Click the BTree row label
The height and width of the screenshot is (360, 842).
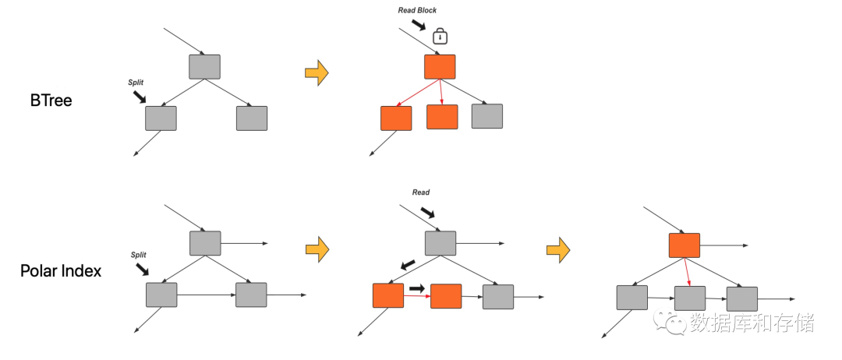point(51,101)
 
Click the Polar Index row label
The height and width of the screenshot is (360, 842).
point(61,271)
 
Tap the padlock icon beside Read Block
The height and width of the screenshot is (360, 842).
point(440,36)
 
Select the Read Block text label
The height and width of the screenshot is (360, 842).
point(417,10)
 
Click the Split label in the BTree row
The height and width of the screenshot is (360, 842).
point(136,83)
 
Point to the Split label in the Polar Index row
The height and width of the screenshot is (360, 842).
point(139,255)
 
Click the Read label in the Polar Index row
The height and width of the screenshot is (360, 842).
point(421,192)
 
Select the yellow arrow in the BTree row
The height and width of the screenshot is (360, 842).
point(317,72)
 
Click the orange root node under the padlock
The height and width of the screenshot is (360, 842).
point(440,66)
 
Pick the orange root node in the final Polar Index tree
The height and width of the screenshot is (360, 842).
point(685,245)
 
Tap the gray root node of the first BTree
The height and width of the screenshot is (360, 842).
point(204,66)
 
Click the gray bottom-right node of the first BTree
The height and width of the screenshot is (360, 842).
point(252,118)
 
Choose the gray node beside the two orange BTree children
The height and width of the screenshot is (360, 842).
point(487,116)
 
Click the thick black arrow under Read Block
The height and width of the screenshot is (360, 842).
point(418,25)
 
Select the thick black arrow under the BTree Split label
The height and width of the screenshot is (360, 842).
point(139,97)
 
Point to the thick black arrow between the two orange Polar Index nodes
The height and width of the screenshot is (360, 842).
point(416,288)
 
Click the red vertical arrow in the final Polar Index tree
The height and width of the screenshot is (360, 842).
point(688,272)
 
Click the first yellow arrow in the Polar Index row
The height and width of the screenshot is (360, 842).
point(317,249)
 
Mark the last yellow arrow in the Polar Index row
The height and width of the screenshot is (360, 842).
point(558,249)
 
